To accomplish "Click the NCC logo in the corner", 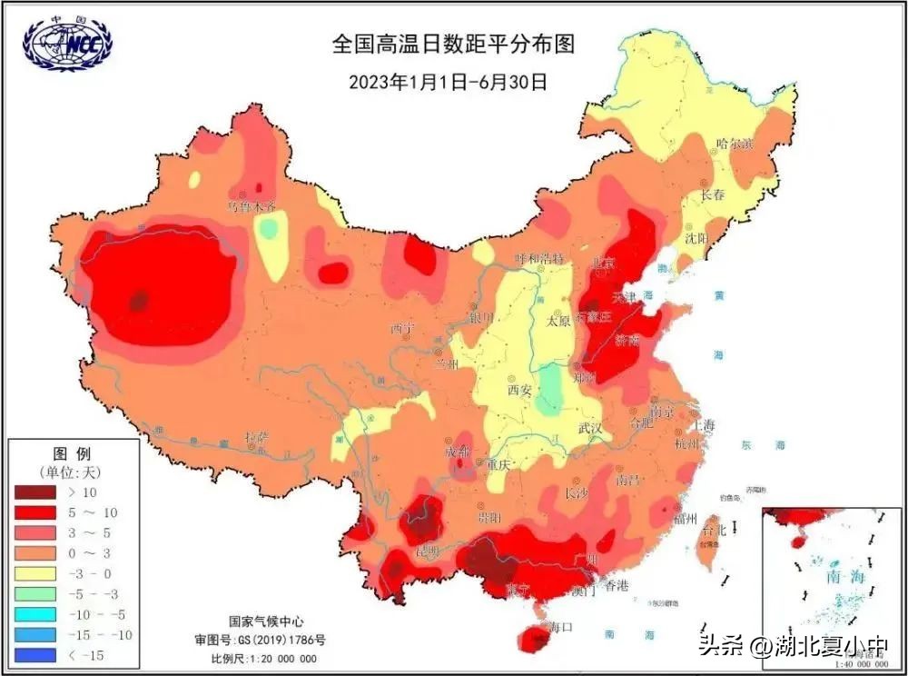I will tap(69, 45).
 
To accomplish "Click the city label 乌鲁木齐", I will tap(252, 206).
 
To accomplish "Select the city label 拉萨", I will tap(257, 438).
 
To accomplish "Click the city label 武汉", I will tap(591, 429).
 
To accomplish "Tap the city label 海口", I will tap(562, 627).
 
